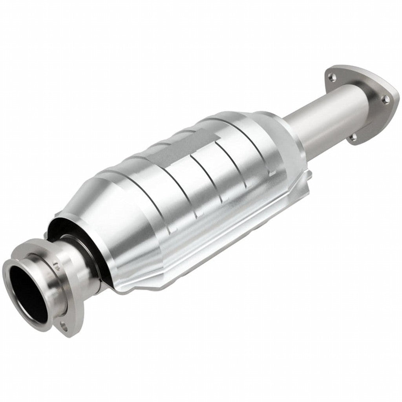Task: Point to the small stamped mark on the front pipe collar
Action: (56, 266)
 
